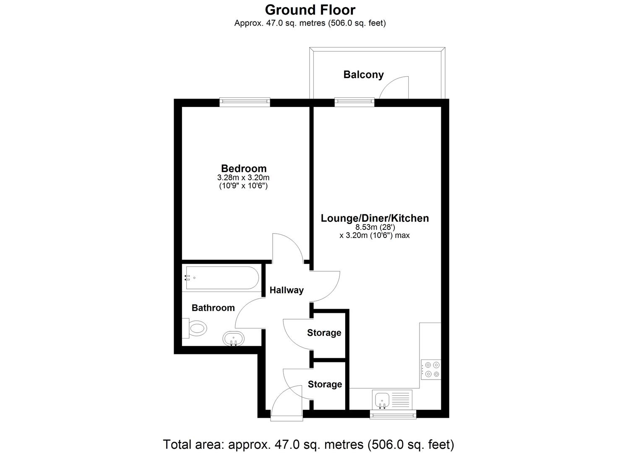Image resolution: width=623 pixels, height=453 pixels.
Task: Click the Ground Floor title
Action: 310,10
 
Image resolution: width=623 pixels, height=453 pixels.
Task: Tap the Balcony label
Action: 363,75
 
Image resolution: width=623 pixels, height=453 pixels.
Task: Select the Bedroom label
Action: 244,168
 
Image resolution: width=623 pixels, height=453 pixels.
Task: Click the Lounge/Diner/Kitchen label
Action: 375,218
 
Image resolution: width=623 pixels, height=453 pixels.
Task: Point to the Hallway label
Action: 287,290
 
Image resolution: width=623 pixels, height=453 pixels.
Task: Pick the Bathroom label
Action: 213,308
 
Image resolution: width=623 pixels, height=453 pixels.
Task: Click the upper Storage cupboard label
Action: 324,333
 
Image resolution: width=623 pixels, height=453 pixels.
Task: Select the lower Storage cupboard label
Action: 325,384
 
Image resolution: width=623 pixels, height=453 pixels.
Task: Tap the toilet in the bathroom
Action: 196,328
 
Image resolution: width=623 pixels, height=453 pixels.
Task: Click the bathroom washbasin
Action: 233,338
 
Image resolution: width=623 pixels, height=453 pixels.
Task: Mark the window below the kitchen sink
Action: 393,414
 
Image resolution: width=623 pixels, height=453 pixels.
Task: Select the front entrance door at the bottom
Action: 286,404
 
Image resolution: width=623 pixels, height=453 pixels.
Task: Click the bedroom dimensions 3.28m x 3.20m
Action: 243,178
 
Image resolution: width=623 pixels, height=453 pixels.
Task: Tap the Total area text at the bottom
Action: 308,444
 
